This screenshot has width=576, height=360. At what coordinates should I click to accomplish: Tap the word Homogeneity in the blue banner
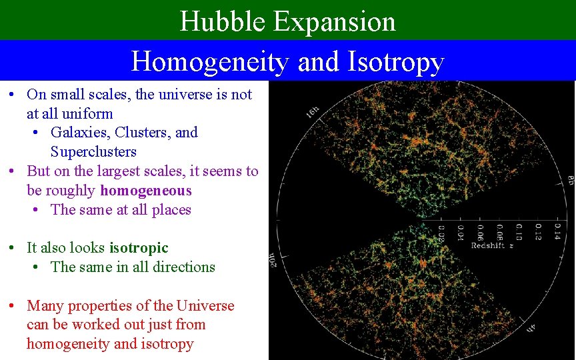pos(210,61)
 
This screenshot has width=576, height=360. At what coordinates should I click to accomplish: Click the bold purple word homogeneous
pos(145,191)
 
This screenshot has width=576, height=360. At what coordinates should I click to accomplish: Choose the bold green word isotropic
pos(139,248)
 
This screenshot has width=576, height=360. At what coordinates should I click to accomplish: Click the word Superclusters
pos(93,151)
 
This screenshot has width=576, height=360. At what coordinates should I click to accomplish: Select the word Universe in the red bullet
pos(205,306)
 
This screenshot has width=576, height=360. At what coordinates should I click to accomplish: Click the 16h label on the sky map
pos(312,112)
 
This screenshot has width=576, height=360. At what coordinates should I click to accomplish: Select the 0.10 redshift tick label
pos(518,231)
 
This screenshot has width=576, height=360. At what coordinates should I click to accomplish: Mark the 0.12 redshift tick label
pos(537,231)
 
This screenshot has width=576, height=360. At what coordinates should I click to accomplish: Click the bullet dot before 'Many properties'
pos(13,306)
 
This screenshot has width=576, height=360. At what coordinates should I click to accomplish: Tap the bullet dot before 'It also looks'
pos(13,248)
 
